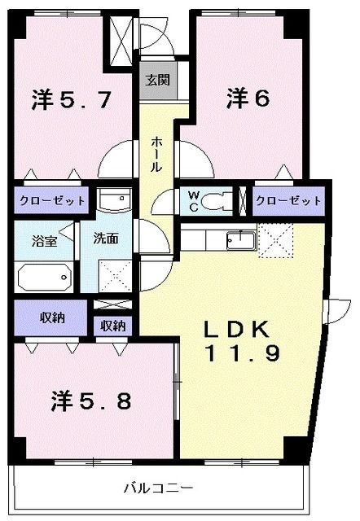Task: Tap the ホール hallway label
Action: click(x=156, y=154)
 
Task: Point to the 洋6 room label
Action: click(x=248, y=99)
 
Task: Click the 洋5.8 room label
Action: click(x=91, y=401)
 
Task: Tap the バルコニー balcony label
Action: click(x=159, y=488)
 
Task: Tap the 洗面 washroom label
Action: click(x=106, y=239)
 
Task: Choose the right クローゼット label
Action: click(x=288, y=200)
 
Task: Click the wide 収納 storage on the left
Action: click(x=50, y=317)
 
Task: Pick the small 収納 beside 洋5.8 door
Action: click(x=113, y=326)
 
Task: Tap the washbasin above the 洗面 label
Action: click(x=113, y=199)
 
